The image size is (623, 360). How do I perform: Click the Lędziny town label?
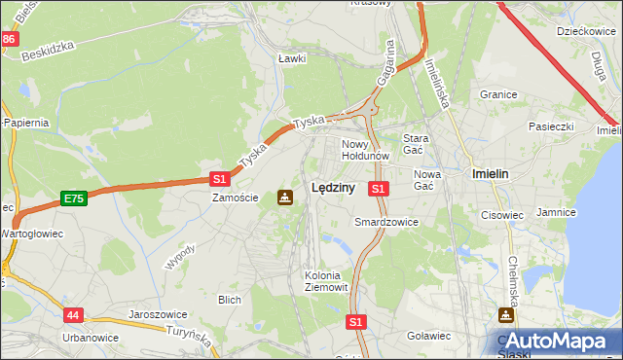click(331, 189)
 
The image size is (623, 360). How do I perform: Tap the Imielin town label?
click(491, 173)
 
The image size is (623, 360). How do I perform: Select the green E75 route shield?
click(73, 198)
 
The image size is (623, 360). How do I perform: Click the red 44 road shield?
click(74, 315)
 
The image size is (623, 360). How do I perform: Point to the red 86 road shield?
click(9, 39)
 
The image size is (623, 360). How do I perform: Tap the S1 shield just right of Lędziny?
click(379, 188)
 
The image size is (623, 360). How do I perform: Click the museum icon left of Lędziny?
click(284, 198)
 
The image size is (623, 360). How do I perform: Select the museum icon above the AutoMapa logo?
click(506, 315)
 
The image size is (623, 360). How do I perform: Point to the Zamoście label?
click(236, 198)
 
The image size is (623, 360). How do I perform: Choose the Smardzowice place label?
click(385, 222)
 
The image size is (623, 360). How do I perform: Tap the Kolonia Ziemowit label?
click(322, 280)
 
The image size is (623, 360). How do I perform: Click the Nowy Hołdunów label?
click(365, 149)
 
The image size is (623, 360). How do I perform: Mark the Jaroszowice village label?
click(157, 315)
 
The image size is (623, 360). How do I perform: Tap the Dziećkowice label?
click(583, 31)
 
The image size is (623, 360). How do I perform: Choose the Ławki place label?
click(292, 58)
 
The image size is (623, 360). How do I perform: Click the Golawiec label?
click(428, 336)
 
